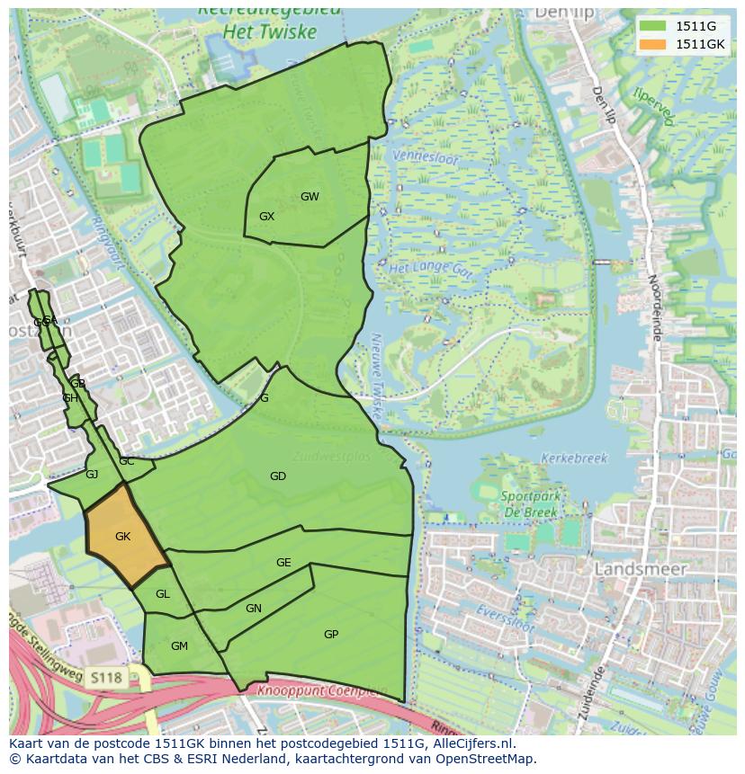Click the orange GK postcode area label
tap(123, 537)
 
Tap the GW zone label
tap(310, 197)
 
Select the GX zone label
tap(266, 217)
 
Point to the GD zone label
tap(278, 476)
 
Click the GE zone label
tap(283, 563)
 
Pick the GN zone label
tap(254, 609)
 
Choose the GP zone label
tap(331, 635)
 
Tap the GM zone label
tap(179, 646)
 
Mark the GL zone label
tap(162, 594)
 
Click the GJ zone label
tap(92, 475)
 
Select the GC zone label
tap(127, 461)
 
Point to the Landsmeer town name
tap(640, 569)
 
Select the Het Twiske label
tap(271, 32)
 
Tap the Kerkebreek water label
tap(574, 458)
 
